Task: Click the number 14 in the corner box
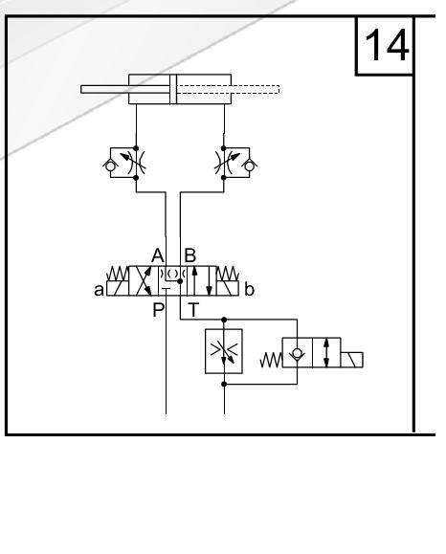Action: (x=387, y=45)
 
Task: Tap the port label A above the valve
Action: (x=158, y=255)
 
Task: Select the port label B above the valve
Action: (x=190, y=255)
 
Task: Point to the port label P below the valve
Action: (x=158, y=310)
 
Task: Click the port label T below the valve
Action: (x=193, y=310)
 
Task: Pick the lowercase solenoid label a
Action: (x=99, y=290)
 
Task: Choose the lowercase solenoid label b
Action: (x=249, y=290)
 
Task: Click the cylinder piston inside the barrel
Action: (x=173, y=89)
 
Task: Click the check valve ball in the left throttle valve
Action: (x=110, y=166)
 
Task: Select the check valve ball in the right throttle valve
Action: (x=249, y=166)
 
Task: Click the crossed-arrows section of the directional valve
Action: (x=144, y=281)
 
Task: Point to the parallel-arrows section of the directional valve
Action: (x=201, y=281)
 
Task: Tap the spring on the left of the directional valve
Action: (x=118, y=274)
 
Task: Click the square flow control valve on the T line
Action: (x=224, y=351)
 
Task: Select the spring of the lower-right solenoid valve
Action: (x=272, y=360)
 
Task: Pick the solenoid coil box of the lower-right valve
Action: (x=351, y=360)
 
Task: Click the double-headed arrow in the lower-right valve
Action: (x=326, y=353)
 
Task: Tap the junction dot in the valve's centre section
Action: (x=180, y=281)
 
